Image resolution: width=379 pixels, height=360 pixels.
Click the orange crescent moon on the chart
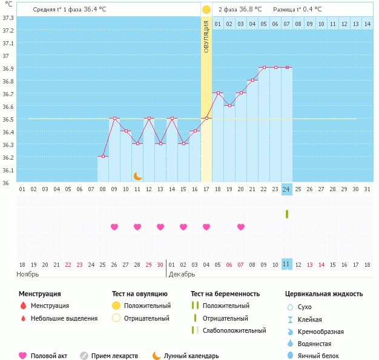pos(138,176)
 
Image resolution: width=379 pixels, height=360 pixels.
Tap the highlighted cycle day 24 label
pos(287,189)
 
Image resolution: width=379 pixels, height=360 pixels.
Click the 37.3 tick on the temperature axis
pos(8,18)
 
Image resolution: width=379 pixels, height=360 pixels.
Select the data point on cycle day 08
pos(103,157)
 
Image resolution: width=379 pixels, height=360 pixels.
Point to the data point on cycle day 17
pos(206,118)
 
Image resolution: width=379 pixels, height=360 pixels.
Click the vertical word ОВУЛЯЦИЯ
pos(206,37)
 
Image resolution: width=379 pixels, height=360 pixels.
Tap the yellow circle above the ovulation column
pos(206,10)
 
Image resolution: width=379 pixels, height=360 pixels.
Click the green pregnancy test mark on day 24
pos(287,214)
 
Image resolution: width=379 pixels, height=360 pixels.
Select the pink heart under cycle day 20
pos(241,227)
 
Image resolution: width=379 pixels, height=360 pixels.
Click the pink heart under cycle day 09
pos(114,227)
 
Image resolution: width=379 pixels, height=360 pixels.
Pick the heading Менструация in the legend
pos(39,294)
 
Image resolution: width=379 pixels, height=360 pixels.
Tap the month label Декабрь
pos(182,274)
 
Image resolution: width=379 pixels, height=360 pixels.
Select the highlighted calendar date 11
pos(287,264)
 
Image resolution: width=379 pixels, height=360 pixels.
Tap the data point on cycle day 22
pos(264,67)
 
